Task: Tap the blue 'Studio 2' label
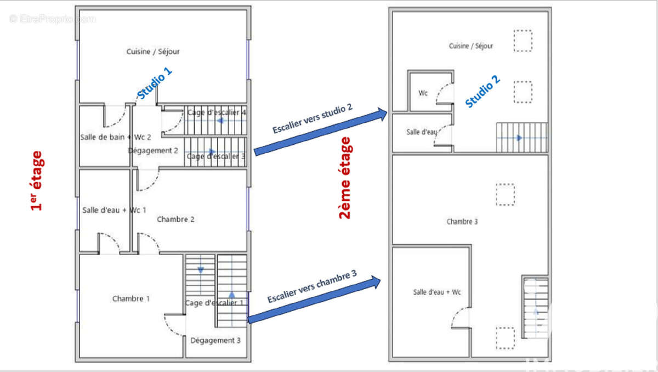click(483, 91)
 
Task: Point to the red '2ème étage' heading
click(345, 178)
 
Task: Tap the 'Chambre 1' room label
click(131, 298)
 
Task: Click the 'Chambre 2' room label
click(176, 219)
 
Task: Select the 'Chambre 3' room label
click(462, 222)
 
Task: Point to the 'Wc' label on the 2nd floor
click(423, 93)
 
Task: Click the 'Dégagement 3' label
click(215, 340)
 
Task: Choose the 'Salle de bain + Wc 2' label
click(115, 137)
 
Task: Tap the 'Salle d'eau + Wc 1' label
click(114, 210)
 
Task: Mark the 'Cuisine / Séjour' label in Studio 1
click(153, 52)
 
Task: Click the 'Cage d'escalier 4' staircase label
click(217, 112)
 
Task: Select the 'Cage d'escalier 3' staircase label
click(216, 156)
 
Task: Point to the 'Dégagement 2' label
click(153, 150)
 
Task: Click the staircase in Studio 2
click(521, 137)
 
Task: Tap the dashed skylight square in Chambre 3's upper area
click(506, 194)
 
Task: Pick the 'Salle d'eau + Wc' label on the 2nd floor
click(437, 292)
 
